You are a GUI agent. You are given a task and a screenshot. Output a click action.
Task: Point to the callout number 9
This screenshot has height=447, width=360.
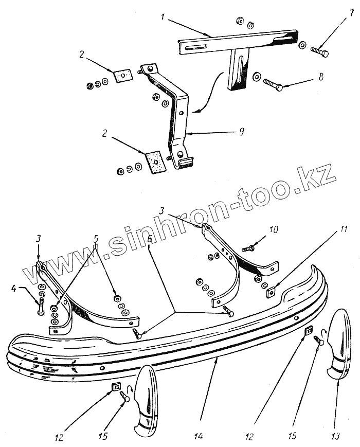pos(241,132)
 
